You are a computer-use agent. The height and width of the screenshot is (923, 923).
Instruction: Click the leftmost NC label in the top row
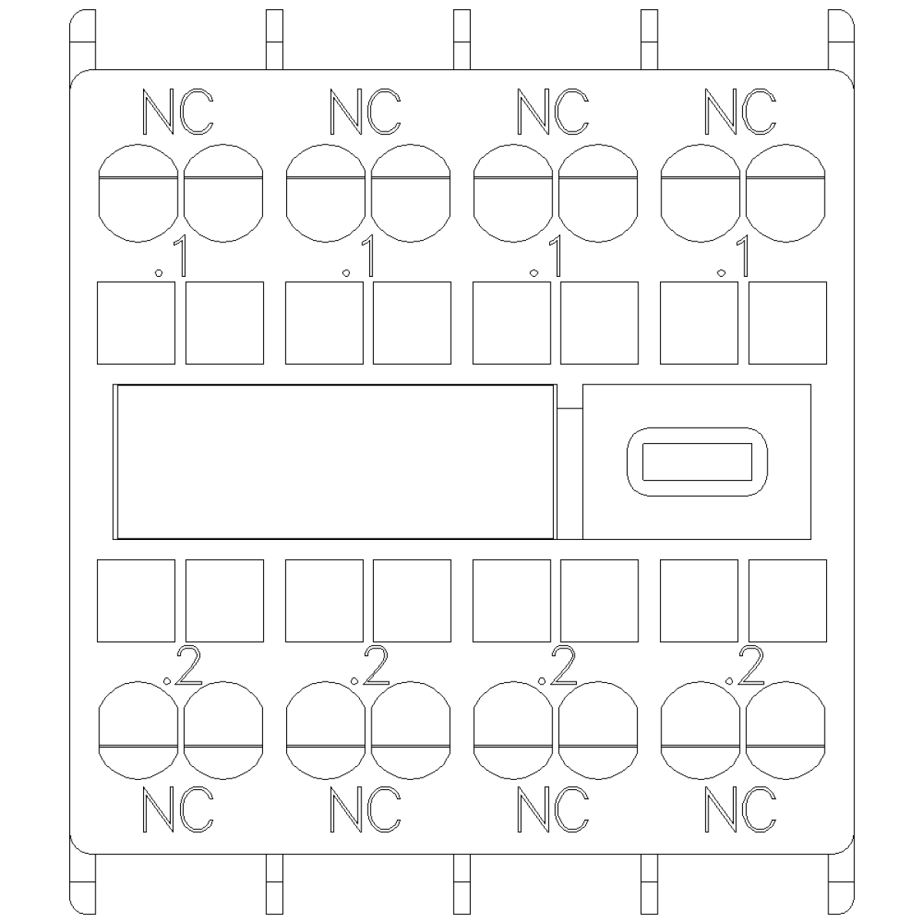178,112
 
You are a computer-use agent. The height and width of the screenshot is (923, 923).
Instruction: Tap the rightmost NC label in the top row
740,112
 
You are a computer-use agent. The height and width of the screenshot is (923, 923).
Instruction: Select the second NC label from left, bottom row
365,809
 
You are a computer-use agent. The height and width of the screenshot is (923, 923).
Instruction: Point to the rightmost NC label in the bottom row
740,809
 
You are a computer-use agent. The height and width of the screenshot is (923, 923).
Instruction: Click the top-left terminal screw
138,193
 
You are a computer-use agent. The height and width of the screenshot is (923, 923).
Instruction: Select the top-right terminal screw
785,193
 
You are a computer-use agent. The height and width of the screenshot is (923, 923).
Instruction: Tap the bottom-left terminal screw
138,730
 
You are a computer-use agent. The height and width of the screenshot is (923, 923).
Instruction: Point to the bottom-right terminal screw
785,730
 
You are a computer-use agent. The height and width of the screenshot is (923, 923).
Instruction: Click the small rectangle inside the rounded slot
697,461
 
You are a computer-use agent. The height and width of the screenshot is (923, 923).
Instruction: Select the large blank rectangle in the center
335,461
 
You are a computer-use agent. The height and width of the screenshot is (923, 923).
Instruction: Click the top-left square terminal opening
136,323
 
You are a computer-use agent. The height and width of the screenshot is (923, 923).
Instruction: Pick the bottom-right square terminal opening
788,601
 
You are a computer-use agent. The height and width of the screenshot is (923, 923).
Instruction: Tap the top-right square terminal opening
788,323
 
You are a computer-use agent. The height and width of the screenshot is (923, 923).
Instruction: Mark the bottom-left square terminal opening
136,601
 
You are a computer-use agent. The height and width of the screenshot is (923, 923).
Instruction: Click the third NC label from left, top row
553,112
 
